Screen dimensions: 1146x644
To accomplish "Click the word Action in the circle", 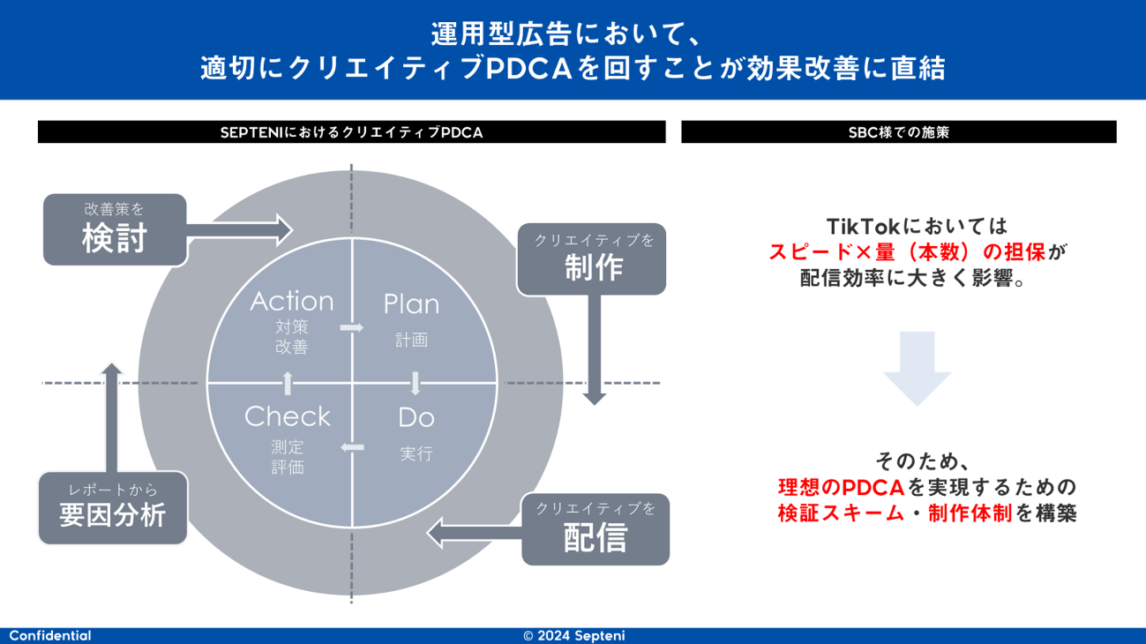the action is click(x=292, y=302).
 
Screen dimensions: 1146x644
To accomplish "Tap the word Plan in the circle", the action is click(x=411, y=303).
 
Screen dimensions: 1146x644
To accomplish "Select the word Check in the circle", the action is click(x=288, y=416).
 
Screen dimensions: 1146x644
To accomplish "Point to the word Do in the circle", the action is click(x=416, y=418).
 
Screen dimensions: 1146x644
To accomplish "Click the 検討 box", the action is click(x=115, y=229).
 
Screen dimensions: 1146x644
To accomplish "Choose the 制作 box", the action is click(x=592, y=258).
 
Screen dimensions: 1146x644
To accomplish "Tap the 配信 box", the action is click(x=595, y=529).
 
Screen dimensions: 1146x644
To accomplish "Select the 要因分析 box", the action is click(x=113, y=508).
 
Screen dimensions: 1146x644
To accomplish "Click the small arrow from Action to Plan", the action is click(x=352, y=327).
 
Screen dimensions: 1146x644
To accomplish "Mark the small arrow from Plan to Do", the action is click(x=416, y=383).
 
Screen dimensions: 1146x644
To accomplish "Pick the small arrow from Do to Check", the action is click(x=353, y=447).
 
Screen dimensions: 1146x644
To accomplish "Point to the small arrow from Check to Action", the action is click(x=288, y=383).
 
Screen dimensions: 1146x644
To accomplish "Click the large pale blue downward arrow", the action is click(x=918, y=368).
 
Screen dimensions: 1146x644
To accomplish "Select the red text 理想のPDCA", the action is click(x=841, y=488).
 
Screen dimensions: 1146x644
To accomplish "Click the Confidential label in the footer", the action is click(x=50, y=636).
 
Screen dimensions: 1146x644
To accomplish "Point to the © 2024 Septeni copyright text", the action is click(x=574, y=636).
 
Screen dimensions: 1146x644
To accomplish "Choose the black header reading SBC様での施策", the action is click(x=899, y=132).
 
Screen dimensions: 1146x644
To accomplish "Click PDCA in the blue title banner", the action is click(x=529, y=69).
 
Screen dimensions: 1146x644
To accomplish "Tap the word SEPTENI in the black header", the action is click(x=251, y=132).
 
